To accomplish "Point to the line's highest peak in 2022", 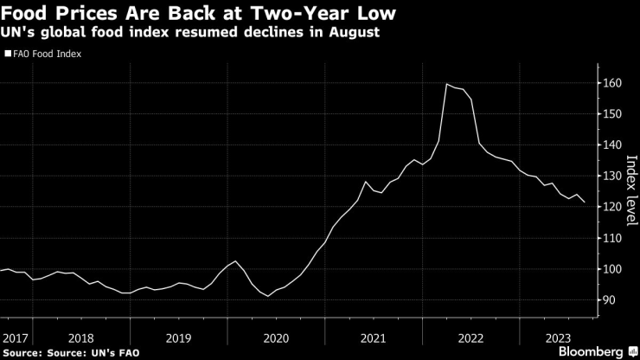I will point(446,84).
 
